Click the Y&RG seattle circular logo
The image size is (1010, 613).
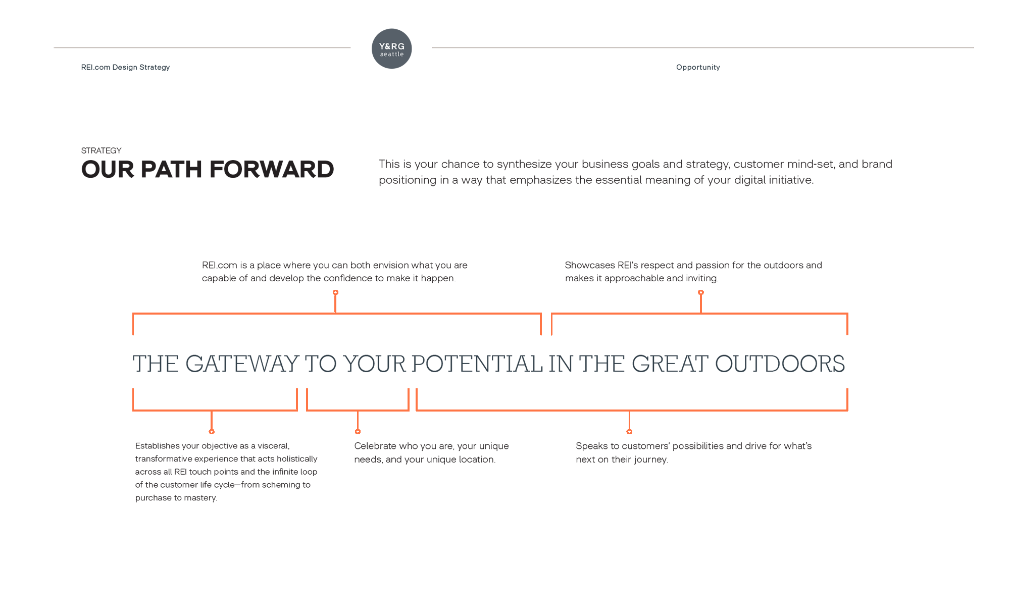pos(391,48)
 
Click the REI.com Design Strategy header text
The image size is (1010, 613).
pos(125,67)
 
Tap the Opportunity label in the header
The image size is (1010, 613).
pos(698,67)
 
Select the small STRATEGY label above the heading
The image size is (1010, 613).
pos(101,150)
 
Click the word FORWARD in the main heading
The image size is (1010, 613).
pos(272,169)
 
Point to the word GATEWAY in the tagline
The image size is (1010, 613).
pos(242,364)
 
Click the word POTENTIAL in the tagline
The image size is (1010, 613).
pos(477,364)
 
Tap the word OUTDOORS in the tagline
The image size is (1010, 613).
pos(780,364)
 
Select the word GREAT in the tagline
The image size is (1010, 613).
pos(670,364)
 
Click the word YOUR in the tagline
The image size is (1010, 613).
pos(374,364)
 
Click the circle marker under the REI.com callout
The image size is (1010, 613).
pos(335,292)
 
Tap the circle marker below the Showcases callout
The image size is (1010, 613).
pos(701,292)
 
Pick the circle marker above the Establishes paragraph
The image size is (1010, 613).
pos(212,432)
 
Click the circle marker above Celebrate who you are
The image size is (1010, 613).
pos(358,432)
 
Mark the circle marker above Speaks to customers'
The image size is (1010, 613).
pos(629,432)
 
